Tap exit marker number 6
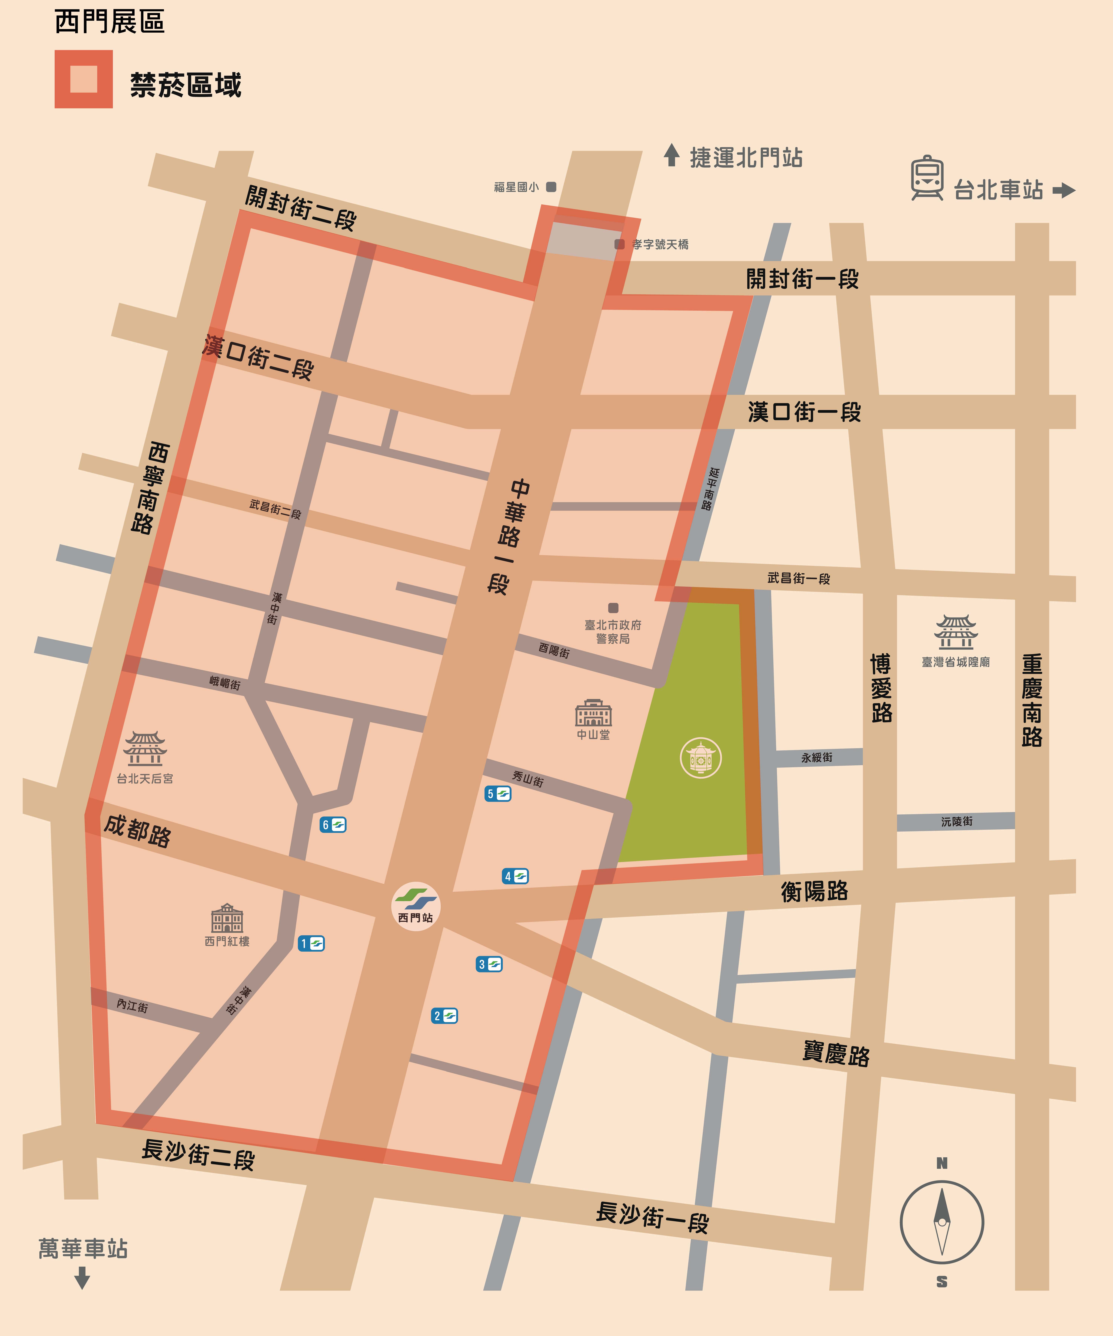pyautogui.click(x=333, y=825)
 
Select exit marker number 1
pyautogui.click(x=311, y=943)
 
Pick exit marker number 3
pyautogui.click(x=489, y=964)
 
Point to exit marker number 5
pyautogui.click(x=497, y=793)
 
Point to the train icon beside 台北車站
pyautogui.click(x=927, y=178)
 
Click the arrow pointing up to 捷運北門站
pyautogui.click(x=671, y=155)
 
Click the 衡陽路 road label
pyautogui.click(x=814, y=891)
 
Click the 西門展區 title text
pyautogui.click(x=109, y=22)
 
